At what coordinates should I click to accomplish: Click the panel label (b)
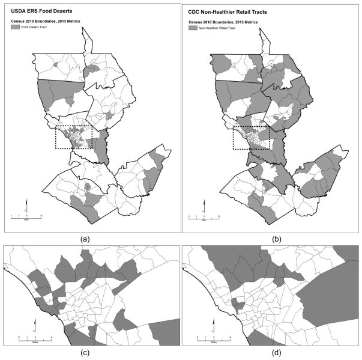pos(270,239)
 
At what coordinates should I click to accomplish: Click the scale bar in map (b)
pos(204,215)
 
